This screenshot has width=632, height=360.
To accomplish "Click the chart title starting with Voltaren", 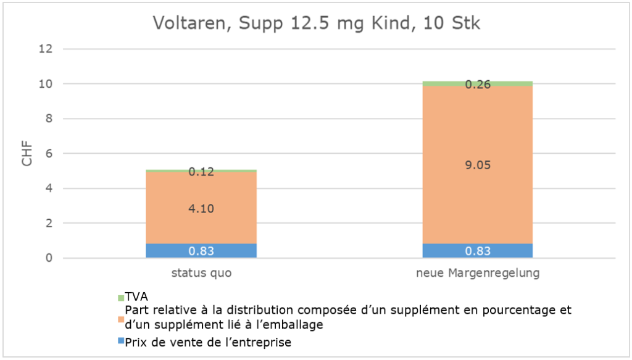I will point(316,24).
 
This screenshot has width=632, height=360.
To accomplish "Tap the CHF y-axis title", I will point(27,154).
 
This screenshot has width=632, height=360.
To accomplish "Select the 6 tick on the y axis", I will point(50,154).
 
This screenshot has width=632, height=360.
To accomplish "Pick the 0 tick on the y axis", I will point(50,258).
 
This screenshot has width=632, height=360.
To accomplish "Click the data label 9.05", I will point(478,165).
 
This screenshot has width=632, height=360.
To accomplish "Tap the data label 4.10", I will point(201,209).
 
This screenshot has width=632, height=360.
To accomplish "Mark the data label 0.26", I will point(478,85).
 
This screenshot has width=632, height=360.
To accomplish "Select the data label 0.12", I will point(201,172).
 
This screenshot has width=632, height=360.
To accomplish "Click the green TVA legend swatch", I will point(121,298).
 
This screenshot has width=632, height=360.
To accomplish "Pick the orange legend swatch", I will point(121,319).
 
